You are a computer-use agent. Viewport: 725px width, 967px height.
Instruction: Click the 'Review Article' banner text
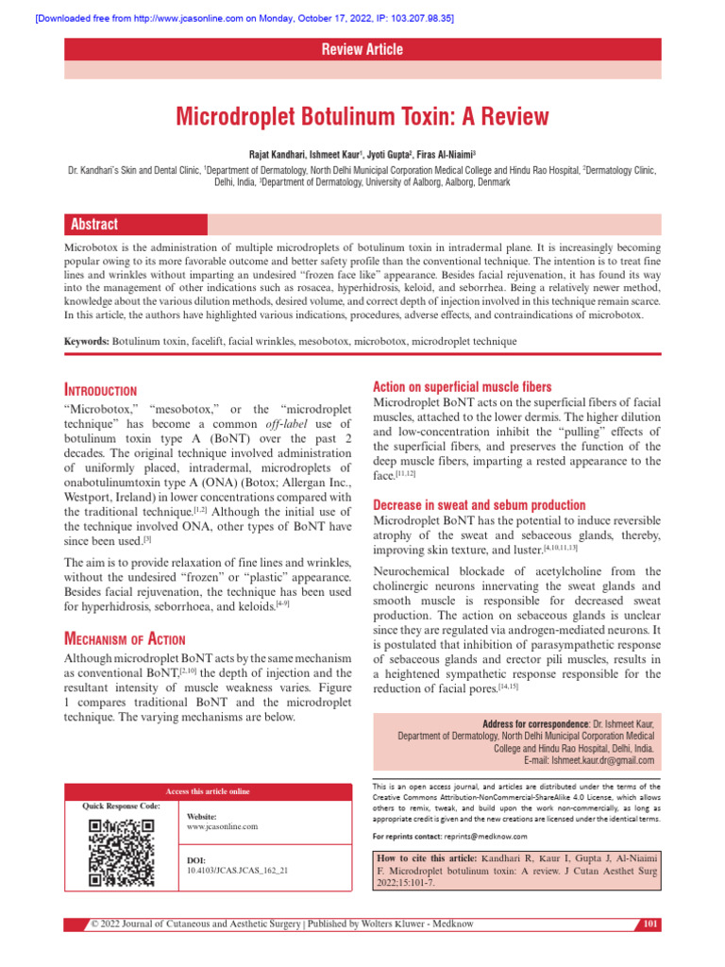pyautogui.click(x=362, y=49)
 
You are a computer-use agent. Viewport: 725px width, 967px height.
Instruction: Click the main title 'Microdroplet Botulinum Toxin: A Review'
pyautogui.click(x=362, y=117)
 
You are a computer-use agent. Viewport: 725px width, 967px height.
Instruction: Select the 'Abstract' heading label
pyautogui.click(x=93, y=224)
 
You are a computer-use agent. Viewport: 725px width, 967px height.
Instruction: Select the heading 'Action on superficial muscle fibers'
pyautogui.click(x=463, y=386)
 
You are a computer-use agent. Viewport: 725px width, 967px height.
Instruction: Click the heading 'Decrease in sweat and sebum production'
pyautogui.click(x=480, y=505)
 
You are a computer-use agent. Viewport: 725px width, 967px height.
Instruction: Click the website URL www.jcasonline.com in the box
pyautogui.click(x=222, y=826)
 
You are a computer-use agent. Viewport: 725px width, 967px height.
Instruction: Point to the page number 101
pyautogui.click(x=650, y=923)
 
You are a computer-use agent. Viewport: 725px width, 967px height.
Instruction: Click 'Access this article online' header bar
pyautogui.click(x=208, y=790)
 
